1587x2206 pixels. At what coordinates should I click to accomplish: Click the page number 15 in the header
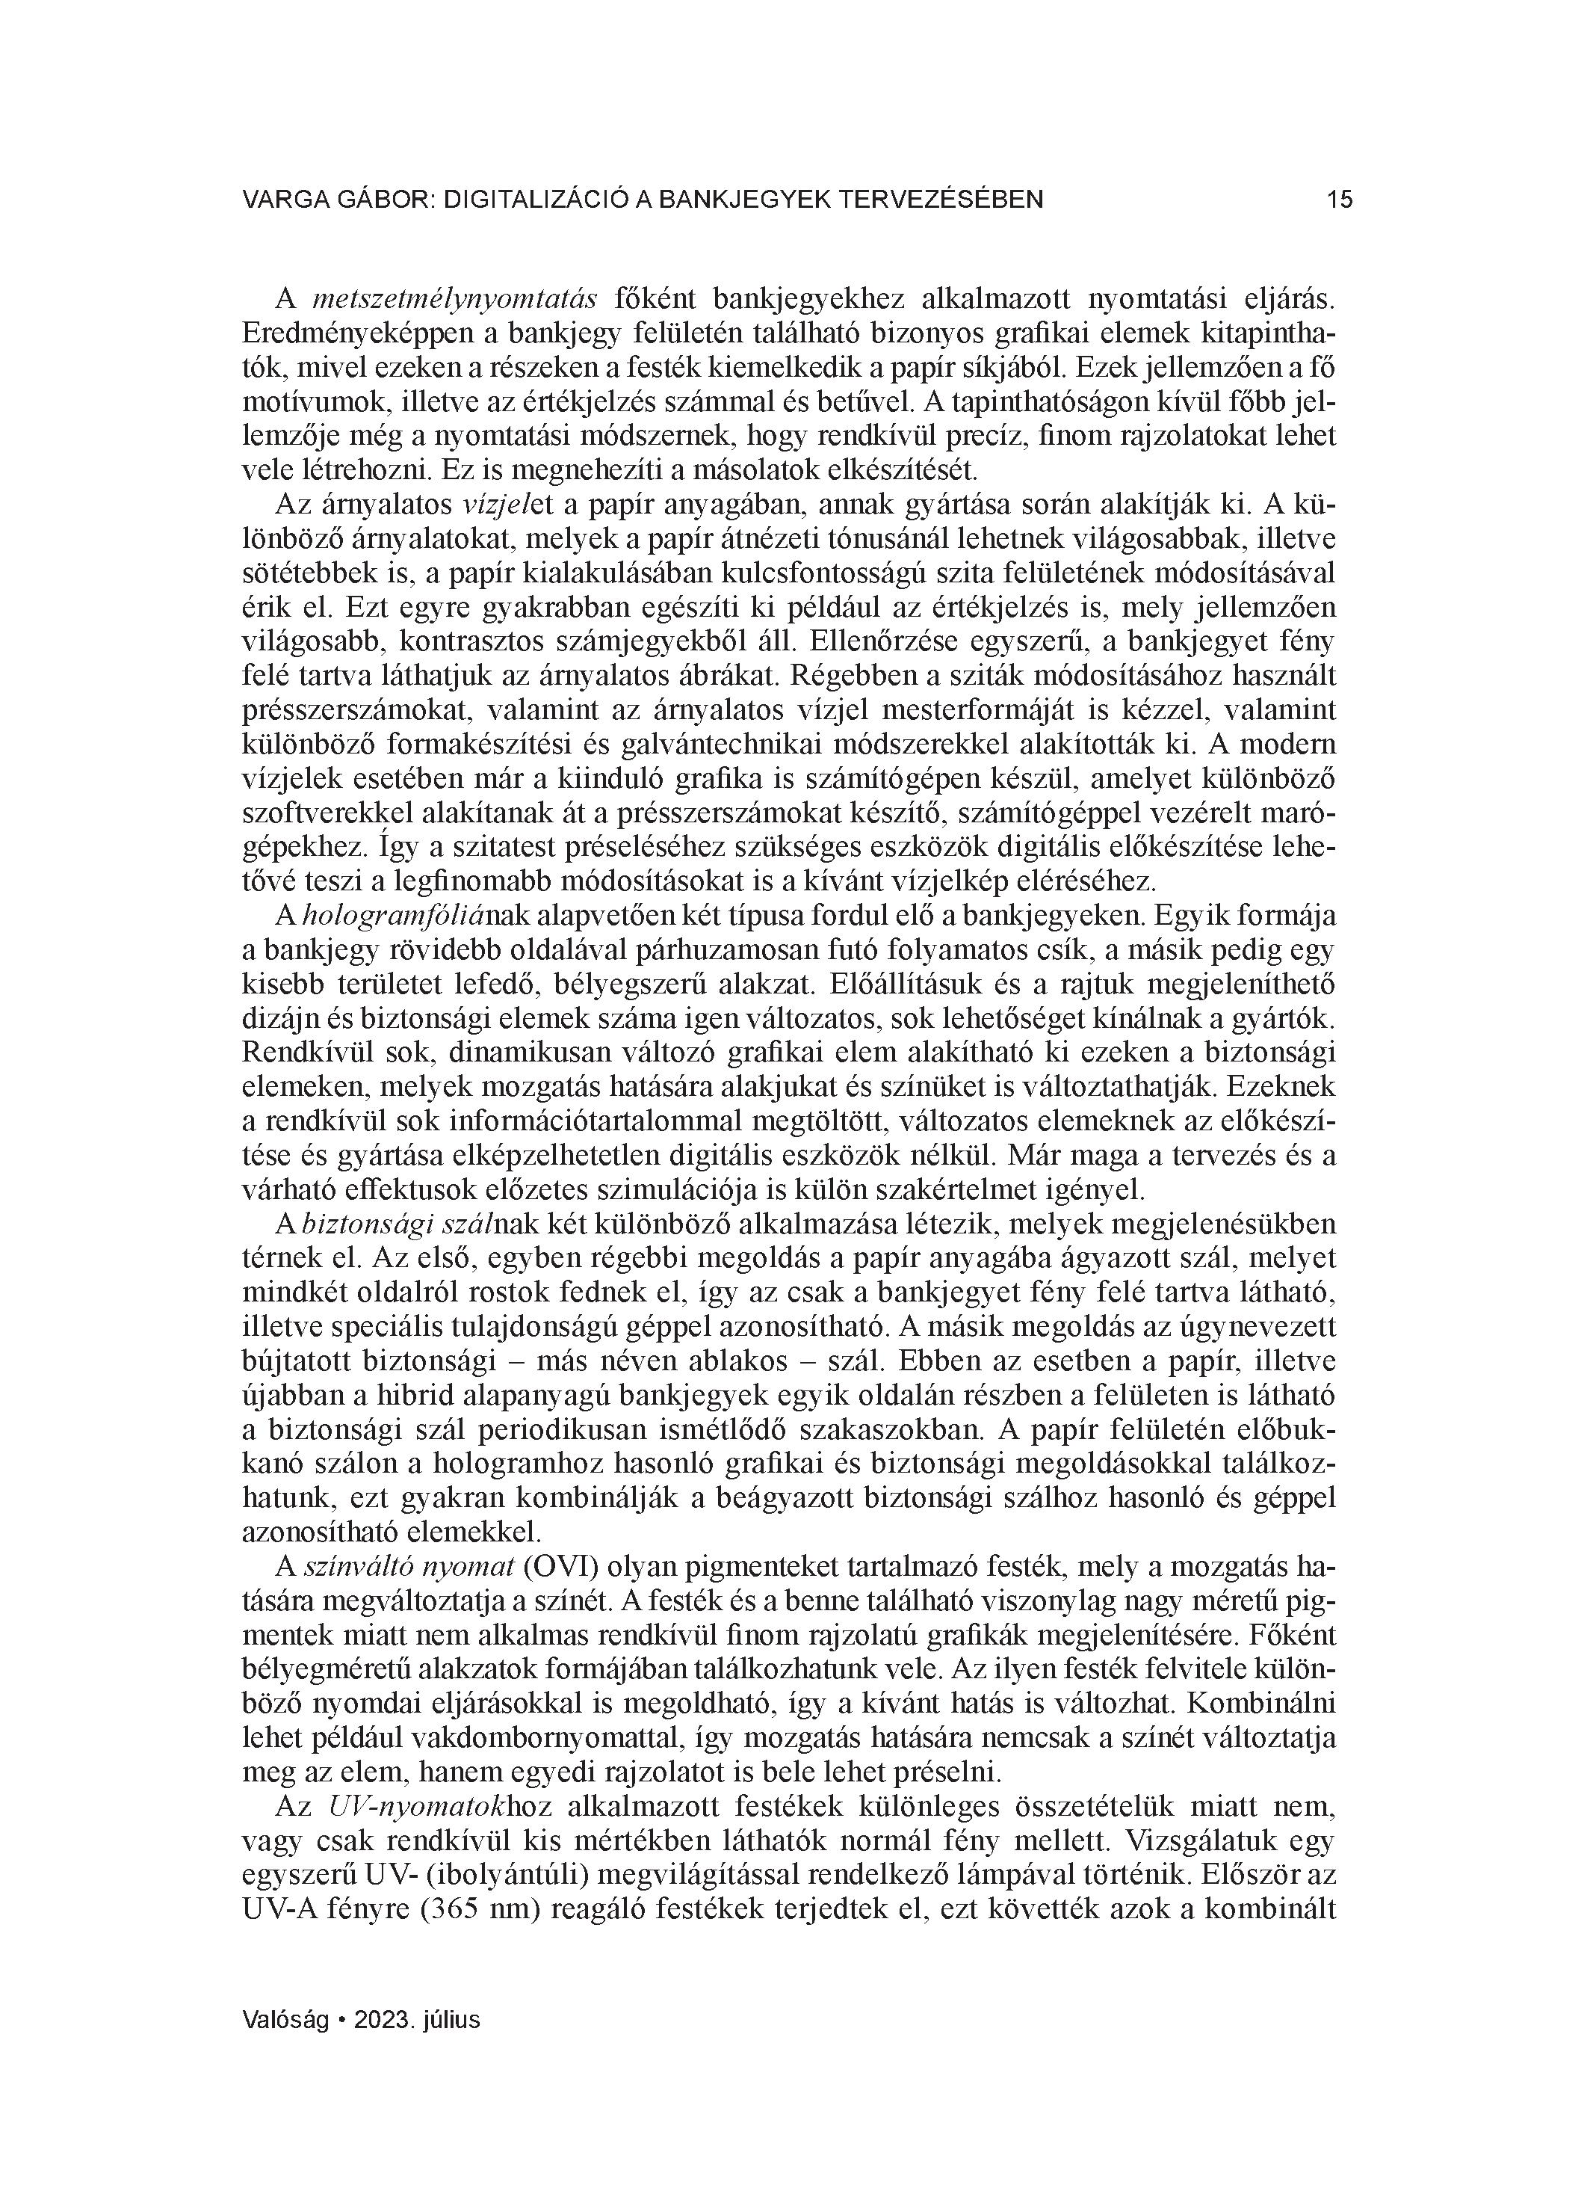point(1339,200)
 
